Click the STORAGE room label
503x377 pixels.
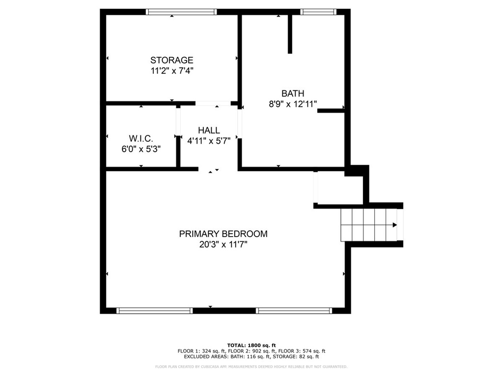[171, 60]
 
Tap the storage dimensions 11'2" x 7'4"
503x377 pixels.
[172, 71]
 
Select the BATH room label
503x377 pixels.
[293, 94]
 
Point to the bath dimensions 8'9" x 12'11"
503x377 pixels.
[293, 104]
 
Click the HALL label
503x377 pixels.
[209, 131]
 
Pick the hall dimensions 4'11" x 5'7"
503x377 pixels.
[209, 141]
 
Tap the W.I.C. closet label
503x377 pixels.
[141, 138]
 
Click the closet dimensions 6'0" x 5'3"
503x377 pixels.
[141, 149]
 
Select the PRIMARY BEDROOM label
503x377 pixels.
[224, 234]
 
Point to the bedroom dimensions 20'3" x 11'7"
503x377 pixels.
[224, 244]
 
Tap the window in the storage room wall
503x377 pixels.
[181, 12]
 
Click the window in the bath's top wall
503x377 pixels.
[318, 12]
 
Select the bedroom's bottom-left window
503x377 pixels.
[155, 311]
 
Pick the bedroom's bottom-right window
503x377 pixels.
[294, 311]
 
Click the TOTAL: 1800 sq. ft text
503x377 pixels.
[251, 345]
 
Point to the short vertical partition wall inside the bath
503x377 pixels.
[290, 34]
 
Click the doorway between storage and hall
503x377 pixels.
[213, 103]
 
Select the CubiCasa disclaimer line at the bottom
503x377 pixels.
[251, 366]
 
